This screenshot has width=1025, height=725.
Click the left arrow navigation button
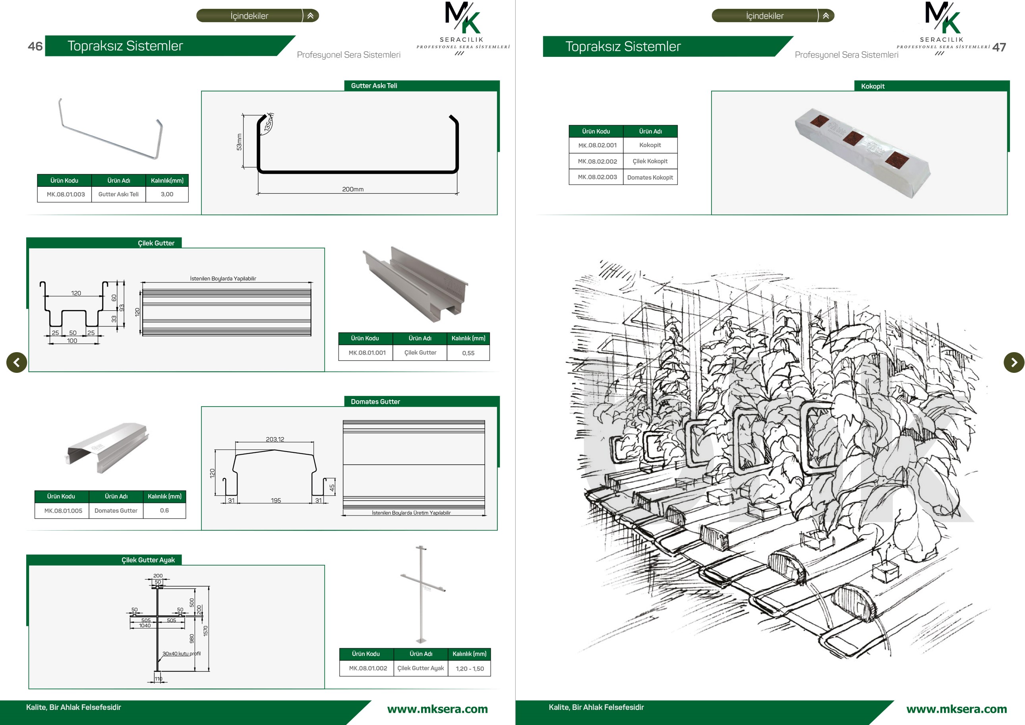(17, 362)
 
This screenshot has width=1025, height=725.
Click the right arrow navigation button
(1014, 362)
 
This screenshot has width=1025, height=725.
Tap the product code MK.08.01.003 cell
(65, 194)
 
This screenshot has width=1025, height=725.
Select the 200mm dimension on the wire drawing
(353, 189)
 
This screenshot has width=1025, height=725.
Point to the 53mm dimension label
(239, 142)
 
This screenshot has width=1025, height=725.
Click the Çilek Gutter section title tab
(156, 243)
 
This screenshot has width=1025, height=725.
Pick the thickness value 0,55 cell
(468, 353)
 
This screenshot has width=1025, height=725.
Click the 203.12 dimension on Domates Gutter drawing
(275, 439)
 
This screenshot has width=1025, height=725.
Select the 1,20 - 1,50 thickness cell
(470, 669)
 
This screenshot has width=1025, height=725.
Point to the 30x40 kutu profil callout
(181, 653)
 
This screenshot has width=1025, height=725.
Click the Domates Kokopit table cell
(650, 177)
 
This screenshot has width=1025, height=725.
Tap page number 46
(35, 47)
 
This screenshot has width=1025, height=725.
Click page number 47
(999, 47)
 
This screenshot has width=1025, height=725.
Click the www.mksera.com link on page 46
(437, 709)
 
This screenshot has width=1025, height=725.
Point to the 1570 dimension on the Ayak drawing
(206, 631)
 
